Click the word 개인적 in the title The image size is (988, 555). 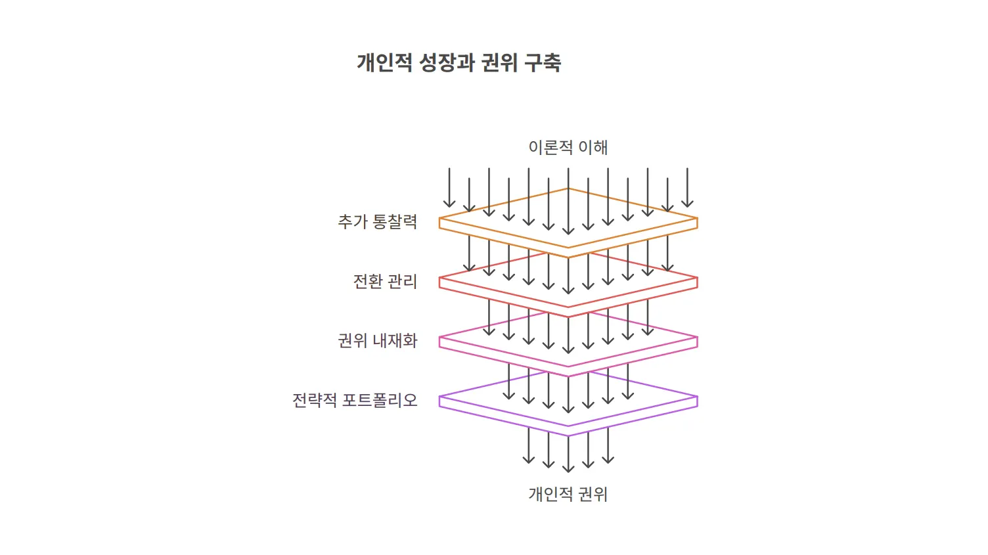tap(384, 62)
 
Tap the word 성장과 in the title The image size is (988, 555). tap(446, 62)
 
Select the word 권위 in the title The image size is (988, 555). tap(499, 62)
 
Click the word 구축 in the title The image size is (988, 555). tap(543, 62)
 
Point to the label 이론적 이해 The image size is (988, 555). tap(568, 147)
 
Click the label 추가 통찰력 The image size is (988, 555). tap(378, 221)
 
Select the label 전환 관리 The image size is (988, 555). tap(385, 281)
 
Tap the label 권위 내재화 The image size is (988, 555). tap(378, 341)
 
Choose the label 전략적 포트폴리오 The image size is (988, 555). tap(355, 400)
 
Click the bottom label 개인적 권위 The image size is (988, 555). tap(568, 494)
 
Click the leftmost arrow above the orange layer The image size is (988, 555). tap(449, 187)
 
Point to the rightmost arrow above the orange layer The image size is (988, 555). tap(687, 187)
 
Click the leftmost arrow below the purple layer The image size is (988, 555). tap(528, 445)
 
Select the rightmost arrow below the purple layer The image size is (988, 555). tap(608, 445)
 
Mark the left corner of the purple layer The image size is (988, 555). tap(439, 397)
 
